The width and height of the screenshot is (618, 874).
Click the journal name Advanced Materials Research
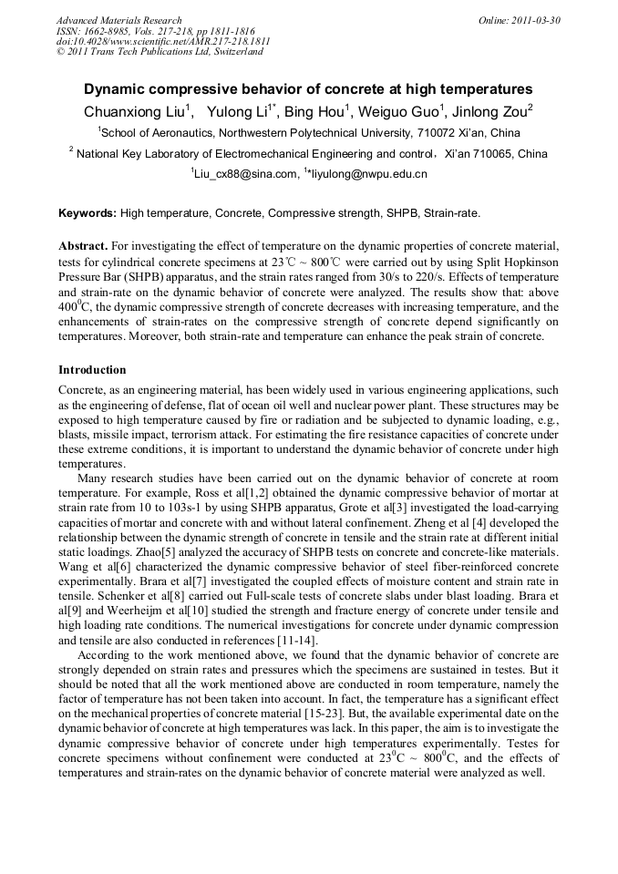tap(118, 20)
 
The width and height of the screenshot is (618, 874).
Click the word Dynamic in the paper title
tap(116, 89)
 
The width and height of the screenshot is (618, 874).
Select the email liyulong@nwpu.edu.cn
tap(368, 173)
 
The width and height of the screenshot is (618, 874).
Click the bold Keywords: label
tap(88, 213)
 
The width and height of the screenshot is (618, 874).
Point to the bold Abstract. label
tap(84, 248)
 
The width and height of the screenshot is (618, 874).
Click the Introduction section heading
tap(92, 370)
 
